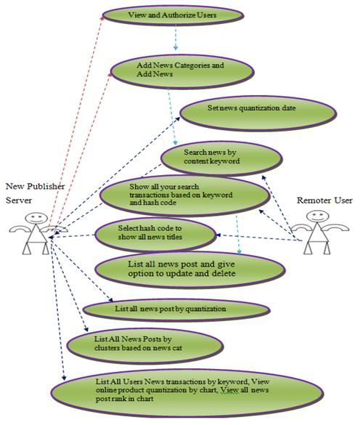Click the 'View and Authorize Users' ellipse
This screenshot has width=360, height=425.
[x=173, y=15]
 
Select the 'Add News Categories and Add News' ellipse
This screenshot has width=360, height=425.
[x=182, y=72]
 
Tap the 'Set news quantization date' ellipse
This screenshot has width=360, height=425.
[x=258, y=113]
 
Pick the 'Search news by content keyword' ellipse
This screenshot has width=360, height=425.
[x=221, y=158]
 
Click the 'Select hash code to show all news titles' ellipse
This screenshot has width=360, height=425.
[x=155, y=235]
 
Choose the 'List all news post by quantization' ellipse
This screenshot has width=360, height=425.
[x=176, y=309]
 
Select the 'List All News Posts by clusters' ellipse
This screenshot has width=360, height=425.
[x=145, y=346]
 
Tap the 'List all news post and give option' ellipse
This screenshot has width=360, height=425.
[x=190, y=270]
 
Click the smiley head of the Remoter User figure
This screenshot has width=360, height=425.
[x=318, y=216]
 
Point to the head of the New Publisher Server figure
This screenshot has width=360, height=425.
[x=36, y=218]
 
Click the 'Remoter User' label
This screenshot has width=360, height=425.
[x=324, y=201]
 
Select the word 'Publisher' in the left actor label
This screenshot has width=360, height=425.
[x=46, y=186]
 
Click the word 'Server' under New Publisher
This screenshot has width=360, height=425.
[x=19, y=201]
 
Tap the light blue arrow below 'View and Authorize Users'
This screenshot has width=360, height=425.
[x=176, y=37]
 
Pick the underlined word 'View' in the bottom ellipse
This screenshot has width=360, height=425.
[x=229, y=390]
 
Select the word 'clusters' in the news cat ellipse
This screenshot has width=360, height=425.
[x=107, y=348]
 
